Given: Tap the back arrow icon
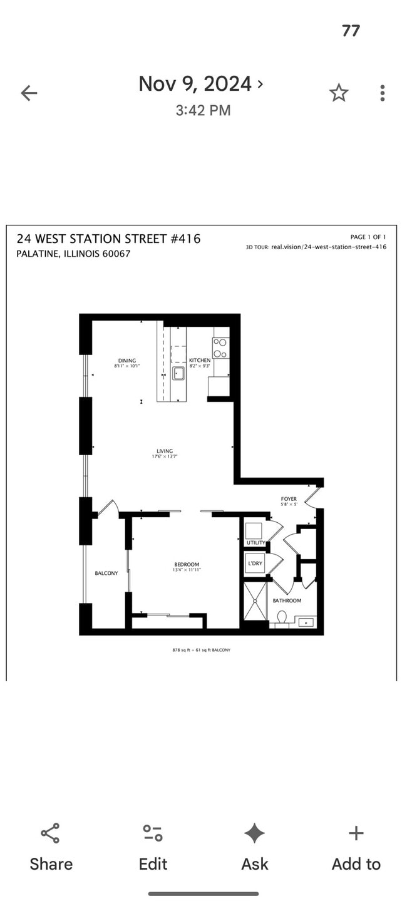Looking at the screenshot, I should point(29,94).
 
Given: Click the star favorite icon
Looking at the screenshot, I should point(339,93).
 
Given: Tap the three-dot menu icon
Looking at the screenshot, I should point(382,93).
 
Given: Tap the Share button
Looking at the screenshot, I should point(51,848).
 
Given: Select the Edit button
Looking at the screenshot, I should point(153,848).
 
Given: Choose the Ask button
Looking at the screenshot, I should point(255,848).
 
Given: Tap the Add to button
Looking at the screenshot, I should point(356,848).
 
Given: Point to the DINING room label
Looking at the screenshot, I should point(127,361).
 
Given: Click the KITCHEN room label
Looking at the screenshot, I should point(200,361).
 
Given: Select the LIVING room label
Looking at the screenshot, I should point(165,451).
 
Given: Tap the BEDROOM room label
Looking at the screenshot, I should point(187,565).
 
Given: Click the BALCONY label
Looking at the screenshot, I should point(106,573).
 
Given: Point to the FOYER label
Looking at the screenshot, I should point(289,498).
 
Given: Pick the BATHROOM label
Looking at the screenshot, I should point(287,600).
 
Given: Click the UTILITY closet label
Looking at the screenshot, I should point(255,542).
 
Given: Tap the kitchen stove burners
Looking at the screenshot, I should point(220,348).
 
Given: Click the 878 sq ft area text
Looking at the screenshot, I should point(202,650).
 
